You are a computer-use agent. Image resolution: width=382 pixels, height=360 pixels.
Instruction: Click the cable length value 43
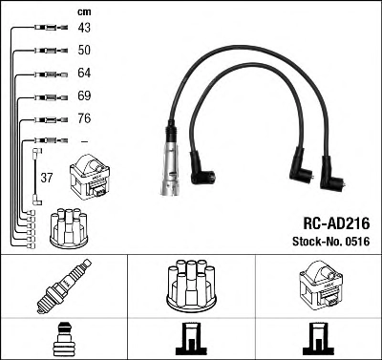pyautogui.click(x=84, y=28)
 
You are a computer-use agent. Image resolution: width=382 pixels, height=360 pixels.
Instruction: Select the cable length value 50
pyautogui.click(x=84, y=50)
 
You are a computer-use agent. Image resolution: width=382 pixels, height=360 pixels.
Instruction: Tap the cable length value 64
pyautogui.click(x=84, y=73)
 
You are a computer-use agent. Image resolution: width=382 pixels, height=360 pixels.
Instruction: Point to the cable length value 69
pyautogui.click(x=84, y=95)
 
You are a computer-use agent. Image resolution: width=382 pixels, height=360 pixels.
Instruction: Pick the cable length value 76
pyautogui.click(x=84, y=118)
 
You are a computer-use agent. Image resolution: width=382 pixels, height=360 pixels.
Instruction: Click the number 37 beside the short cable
pyautogui.click(x=47, y=178)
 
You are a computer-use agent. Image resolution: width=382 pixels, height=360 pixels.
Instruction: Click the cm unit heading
pyautogui.click(x=84, y=12)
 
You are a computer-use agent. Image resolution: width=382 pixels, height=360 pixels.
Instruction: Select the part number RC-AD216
pyautogui.click(x=336, y=223)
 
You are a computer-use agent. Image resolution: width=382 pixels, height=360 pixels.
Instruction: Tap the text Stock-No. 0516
pyautogui.click(x=331, y=242)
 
